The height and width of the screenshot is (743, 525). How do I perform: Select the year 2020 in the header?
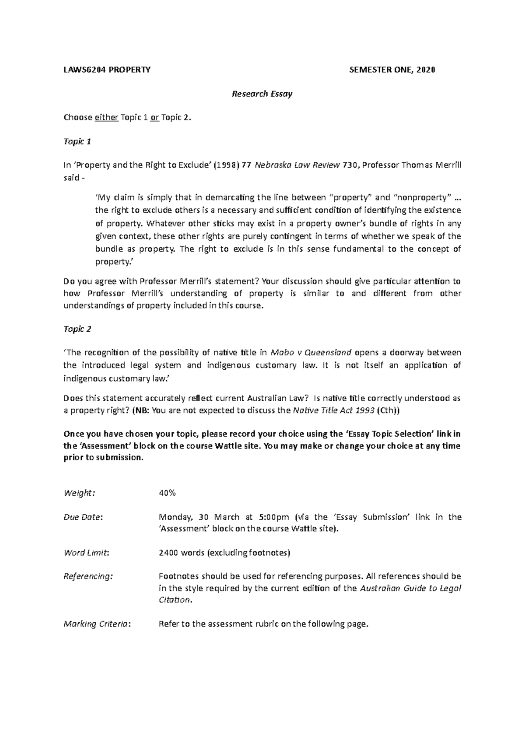pos(426,70)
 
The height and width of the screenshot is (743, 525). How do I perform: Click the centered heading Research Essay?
pos(262,94)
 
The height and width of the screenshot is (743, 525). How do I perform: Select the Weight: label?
pos(79,493)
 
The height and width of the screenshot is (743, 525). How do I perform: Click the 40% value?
pos(167,493)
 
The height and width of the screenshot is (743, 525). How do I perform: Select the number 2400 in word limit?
pos(168,553)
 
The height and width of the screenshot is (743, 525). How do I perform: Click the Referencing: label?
pos(87,576)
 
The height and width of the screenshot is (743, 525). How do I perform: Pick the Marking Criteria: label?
pos(97,624)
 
